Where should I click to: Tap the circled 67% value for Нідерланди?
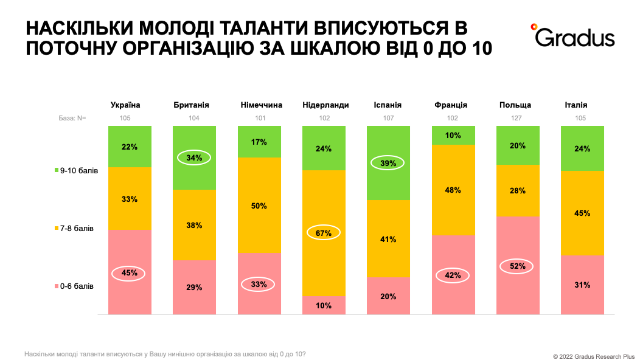[324, 232]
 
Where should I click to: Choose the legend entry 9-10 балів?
[76, 171]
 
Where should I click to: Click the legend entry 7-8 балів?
[74, 229]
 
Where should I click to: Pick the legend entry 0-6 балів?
[74, 286]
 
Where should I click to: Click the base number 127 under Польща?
[518, 118]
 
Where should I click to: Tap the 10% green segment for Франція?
[453, 135]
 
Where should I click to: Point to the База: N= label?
[68, 118]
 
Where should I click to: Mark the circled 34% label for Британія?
[194, 157]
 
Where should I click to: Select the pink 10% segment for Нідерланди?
[324, 305]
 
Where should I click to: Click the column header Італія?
[582, 105]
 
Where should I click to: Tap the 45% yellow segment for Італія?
[582, 213]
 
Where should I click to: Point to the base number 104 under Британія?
[194, 118]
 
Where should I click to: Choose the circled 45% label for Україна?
[130, 274]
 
